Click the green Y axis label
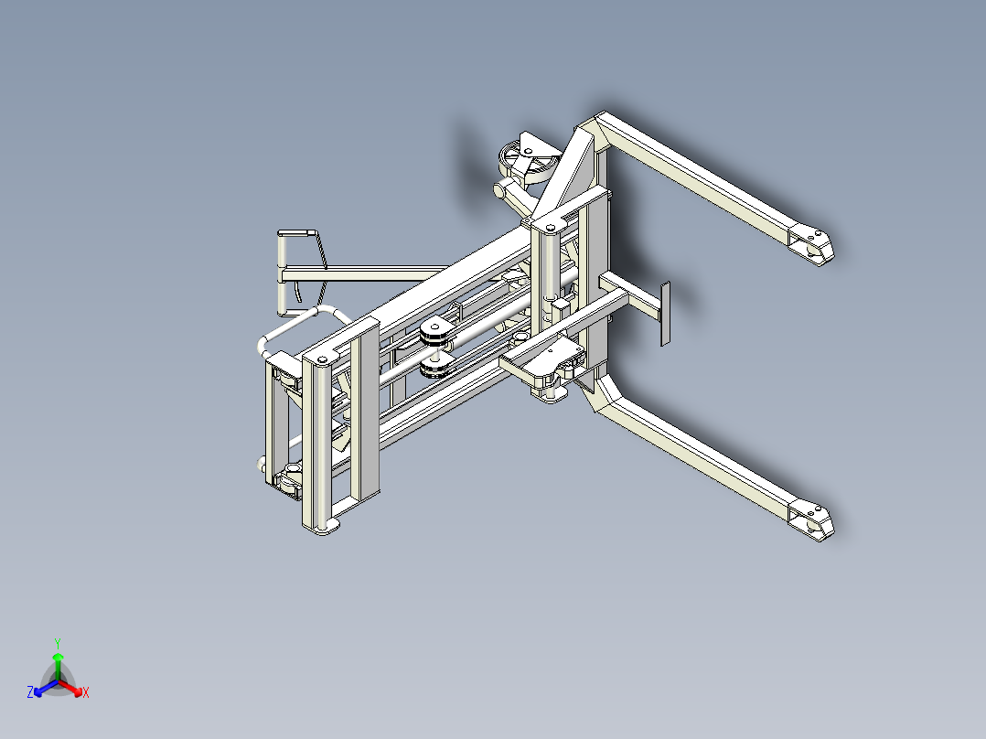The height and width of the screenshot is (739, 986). pyautogui.click(x=57, y=643)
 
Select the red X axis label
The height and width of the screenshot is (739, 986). pyautogui.click(x=86, y=693)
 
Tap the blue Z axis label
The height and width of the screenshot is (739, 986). pyautogui.click(x=30, y=693)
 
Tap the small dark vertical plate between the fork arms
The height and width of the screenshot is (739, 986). pyautogui.click(x=666, y=313)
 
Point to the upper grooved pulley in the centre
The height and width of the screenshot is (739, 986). pyautogui.click(x=435, y=333)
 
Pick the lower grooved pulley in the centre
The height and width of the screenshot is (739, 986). pyautogui.click(x=434, y=365)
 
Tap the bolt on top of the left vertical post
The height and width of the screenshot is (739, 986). pyautogui.click(x=321, y=358)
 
